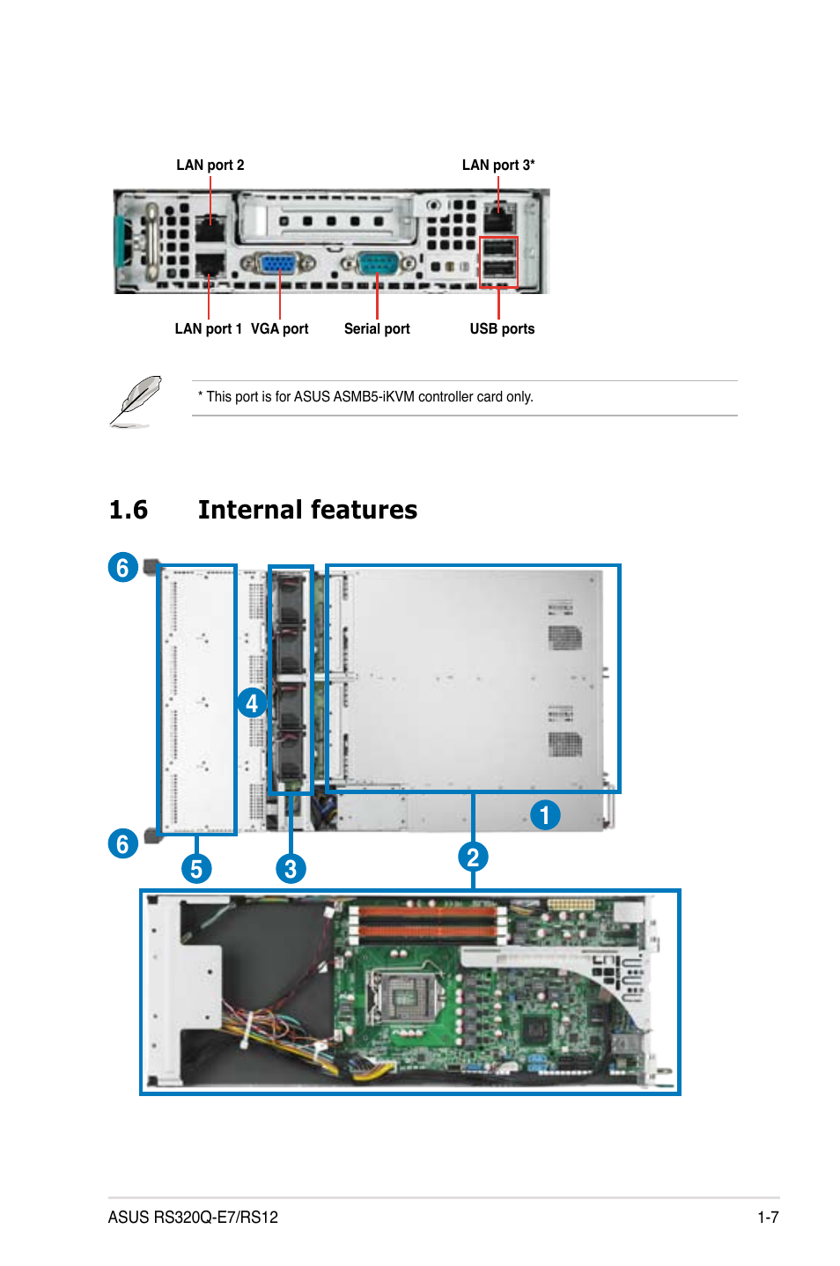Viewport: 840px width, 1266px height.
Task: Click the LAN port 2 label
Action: (210, 165)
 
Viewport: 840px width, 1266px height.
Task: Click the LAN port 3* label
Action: (497, 165)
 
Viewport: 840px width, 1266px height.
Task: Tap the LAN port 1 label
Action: (208, 328)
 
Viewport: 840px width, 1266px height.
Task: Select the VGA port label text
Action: (279, 328)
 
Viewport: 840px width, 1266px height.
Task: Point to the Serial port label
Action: (377, 328)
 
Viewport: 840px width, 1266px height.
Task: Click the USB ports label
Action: (502, 328)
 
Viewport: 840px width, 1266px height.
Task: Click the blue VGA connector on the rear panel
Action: (278, 263)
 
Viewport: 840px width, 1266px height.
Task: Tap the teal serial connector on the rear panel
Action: (379, 263)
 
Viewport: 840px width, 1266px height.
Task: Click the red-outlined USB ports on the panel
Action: (498, 261)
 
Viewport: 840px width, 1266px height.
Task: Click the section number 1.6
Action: (129, 510)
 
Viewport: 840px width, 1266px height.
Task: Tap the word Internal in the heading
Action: (250, 510)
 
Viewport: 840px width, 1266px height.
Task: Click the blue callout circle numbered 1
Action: (545, 814)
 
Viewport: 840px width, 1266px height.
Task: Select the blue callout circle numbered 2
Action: (473, 857)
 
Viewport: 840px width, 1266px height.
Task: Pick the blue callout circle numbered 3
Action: (291, 869)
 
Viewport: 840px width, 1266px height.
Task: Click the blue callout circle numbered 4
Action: (252, 703)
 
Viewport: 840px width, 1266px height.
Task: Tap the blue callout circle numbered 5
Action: (196, 869)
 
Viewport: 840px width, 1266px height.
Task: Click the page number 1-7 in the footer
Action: (768, 1218)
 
